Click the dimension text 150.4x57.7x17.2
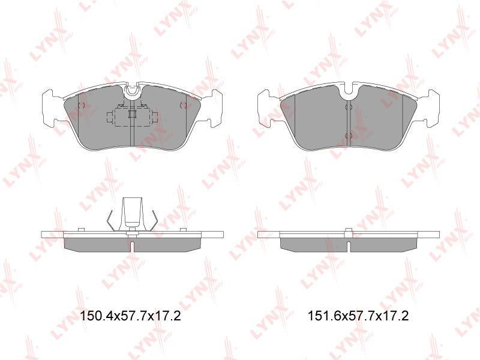[x=130, y=316]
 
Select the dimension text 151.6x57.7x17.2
[x=358, y=316]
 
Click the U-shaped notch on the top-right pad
[x=349, y=91]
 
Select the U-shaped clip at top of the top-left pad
[x=132, y=91]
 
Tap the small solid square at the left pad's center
[x=132, y=114]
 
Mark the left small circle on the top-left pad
[x=82, y=106]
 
